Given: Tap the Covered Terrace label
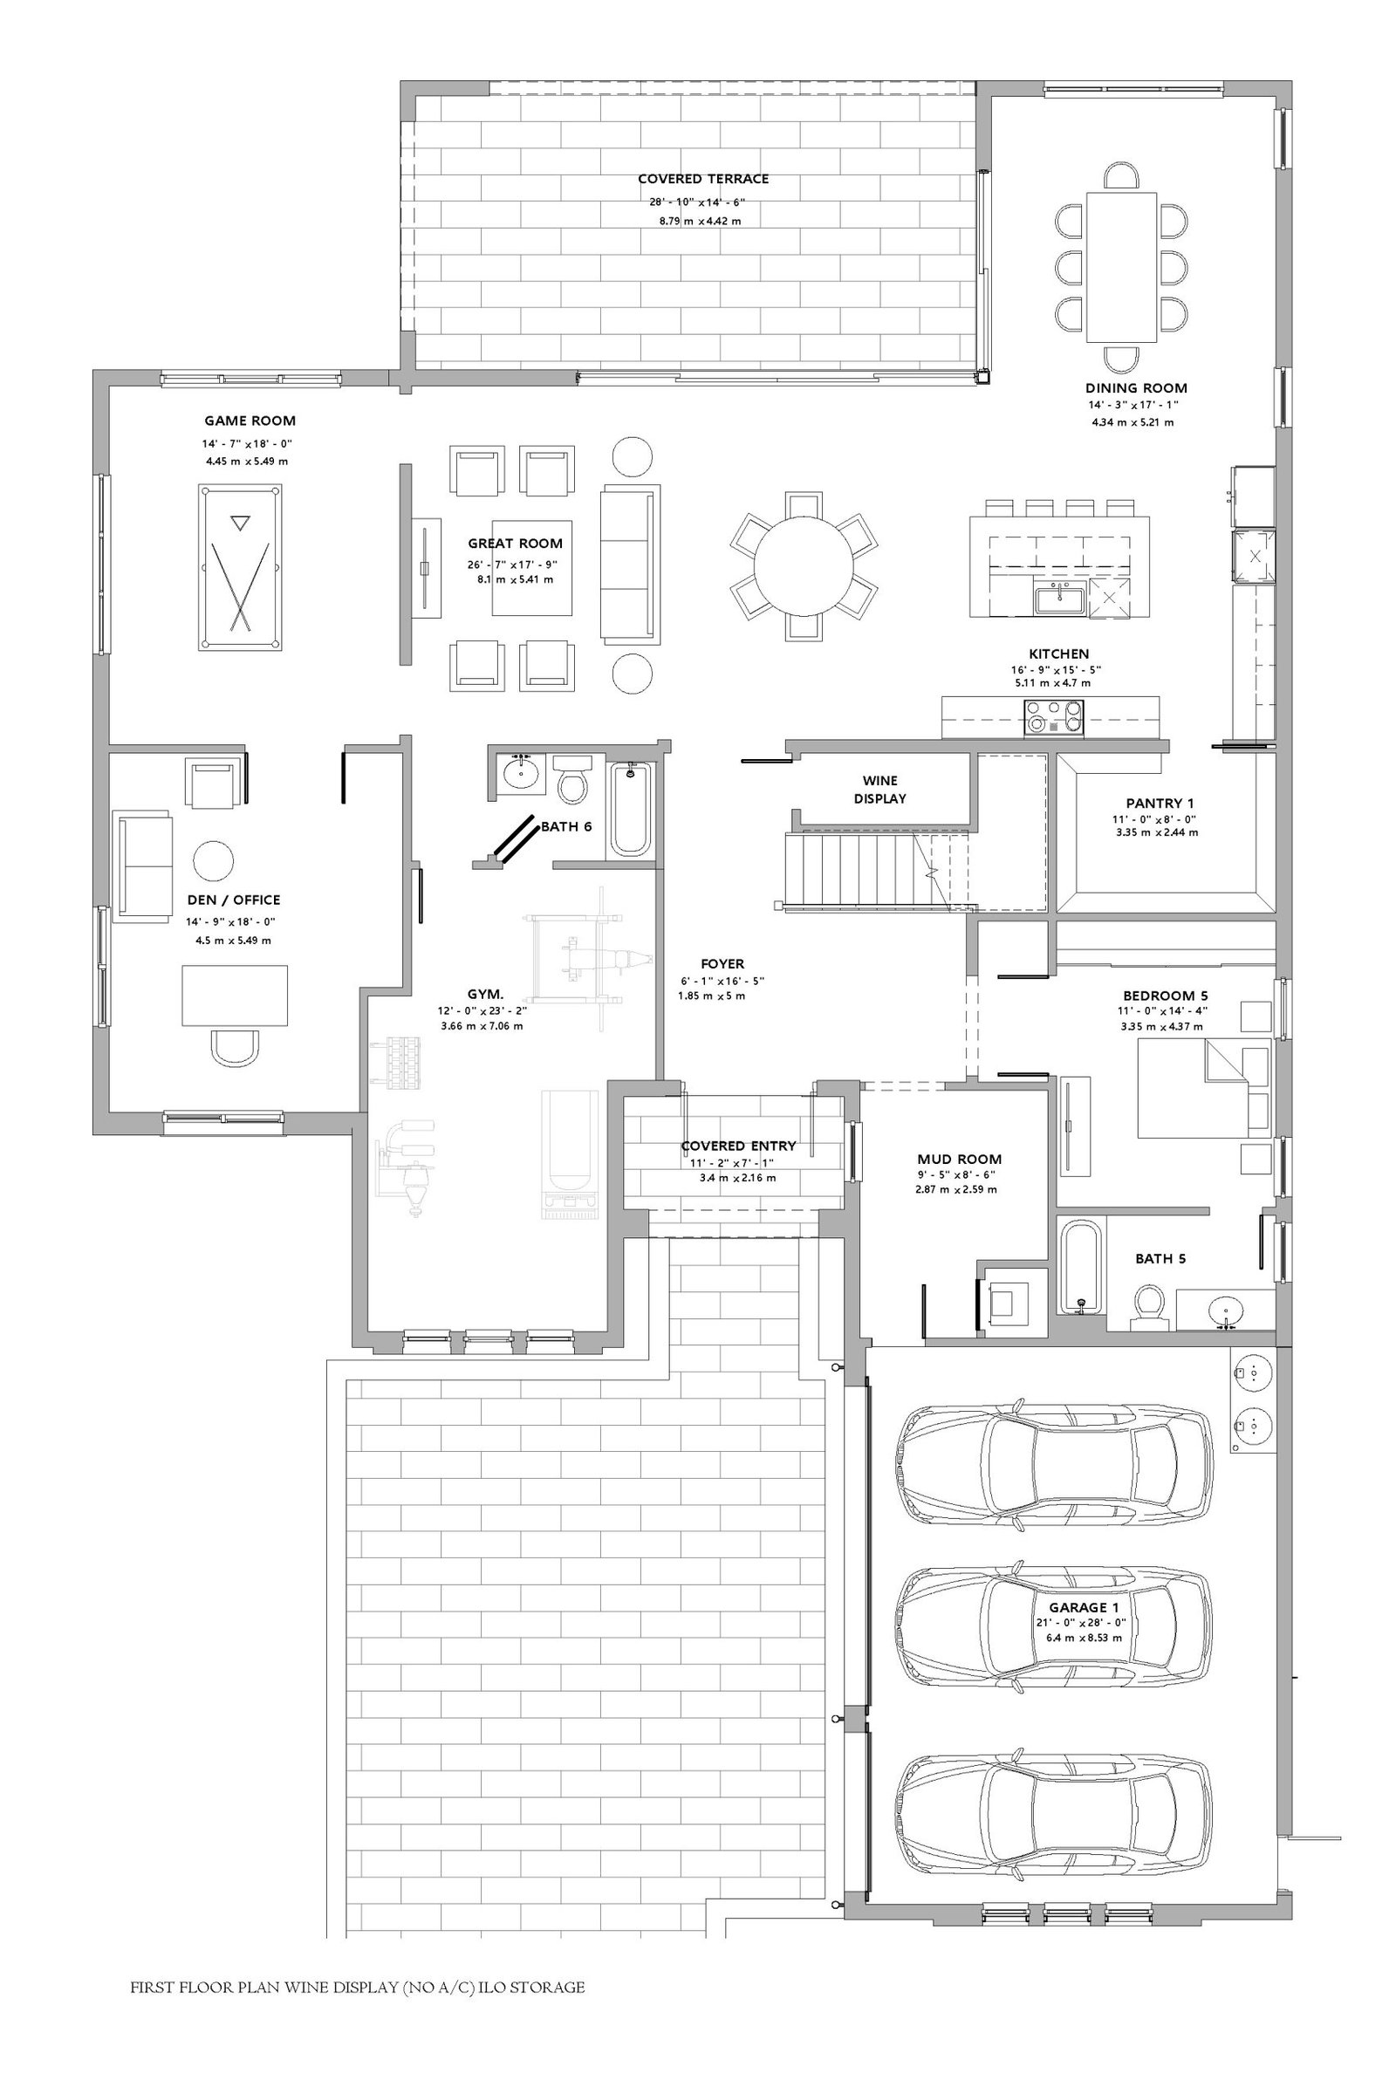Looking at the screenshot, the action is point(703,179).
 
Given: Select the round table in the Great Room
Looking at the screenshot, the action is point(803,566).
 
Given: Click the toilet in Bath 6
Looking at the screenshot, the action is point(571,779).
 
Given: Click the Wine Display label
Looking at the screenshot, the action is point(879,790).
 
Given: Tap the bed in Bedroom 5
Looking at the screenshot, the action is point(1204,1088).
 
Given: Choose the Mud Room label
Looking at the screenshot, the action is point(959,1160).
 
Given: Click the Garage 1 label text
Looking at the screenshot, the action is point(1084,1607).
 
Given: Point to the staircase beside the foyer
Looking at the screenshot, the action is point(878,870).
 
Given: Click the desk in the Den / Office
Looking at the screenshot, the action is point(235,996).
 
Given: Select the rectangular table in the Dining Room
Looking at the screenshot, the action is point(1121,267).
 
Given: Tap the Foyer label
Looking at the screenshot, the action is point(722,963).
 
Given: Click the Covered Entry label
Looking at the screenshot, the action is point(738,1146).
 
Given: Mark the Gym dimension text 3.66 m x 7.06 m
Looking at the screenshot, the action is point(482,1026).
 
